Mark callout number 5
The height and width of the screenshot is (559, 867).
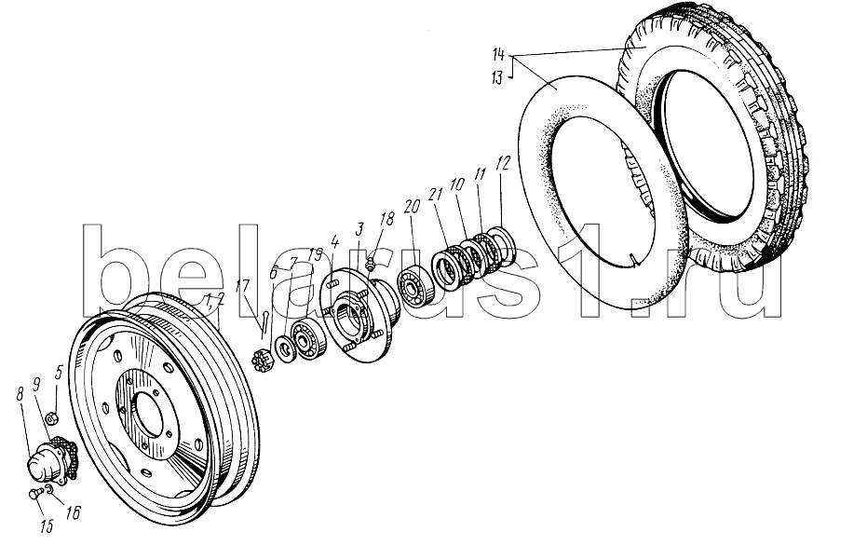(x=60, y=371)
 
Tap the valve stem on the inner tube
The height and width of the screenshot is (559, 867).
(x=632, y=260)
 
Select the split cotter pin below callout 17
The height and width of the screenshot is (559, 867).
(x=264, y=322)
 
